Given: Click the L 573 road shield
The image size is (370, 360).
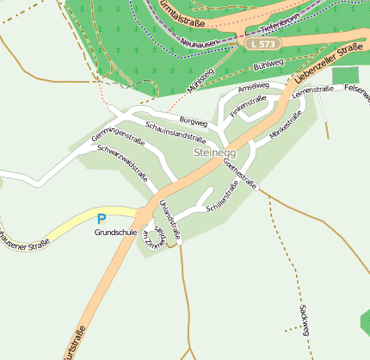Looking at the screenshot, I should [x=262, y=43].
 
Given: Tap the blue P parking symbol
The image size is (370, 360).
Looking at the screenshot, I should [x=102, y=220].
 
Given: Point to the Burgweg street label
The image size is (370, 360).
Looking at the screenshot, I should [x=194, y=121].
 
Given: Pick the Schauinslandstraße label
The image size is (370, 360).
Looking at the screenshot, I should [x=175, y=132].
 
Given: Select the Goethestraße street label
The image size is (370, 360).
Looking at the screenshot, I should [x=240, y=172].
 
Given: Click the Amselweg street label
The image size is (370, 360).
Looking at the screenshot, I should [x=253, y=87].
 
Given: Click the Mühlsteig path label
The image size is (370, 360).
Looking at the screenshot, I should [x=200, y=84].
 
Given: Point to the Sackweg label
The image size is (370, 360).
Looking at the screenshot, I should [x=303, y=319].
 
